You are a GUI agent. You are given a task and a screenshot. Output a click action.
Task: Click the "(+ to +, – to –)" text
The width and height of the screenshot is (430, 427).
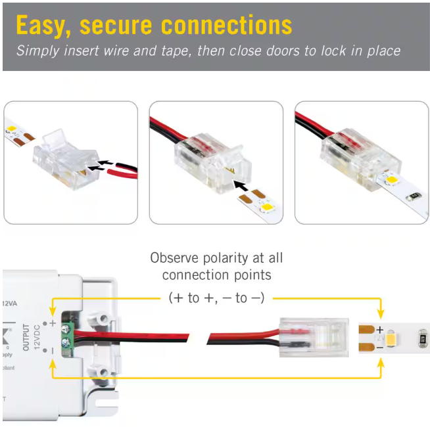(216, 298)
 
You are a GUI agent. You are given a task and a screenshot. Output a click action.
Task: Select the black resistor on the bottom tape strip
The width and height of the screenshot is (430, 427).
(423, 339)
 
